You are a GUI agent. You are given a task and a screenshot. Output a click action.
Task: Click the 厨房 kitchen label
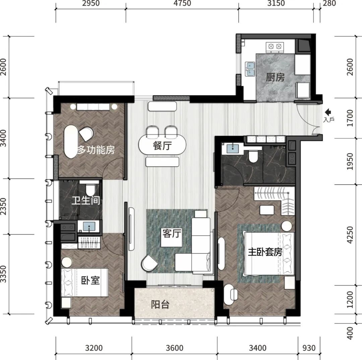275,77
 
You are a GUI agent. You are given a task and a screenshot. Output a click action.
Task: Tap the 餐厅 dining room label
162,146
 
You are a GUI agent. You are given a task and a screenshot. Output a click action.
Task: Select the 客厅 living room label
172,234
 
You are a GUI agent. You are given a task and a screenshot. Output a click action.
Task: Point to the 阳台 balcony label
160,305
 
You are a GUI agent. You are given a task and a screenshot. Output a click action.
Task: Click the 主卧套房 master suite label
265,252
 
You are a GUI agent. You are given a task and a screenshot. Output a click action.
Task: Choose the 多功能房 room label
96,150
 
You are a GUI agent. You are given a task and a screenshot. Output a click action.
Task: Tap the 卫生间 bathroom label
86,200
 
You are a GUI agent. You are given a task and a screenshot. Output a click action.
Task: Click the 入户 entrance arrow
328,112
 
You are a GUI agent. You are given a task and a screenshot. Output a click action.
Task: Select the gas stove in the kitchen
275,47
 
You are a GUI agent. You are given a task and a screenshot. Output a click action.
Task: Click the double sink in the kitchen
250,69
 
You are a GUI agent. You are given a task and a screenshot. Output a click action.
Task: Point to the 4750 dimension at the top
182,3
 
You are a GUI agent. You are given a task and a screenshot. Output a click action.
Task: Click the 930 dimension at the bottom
309,348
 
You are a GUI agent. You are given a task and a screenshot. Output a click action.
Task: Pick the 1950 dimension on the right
350,161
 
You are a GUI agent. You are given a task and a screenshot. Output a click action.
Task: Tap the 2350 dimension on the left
3,206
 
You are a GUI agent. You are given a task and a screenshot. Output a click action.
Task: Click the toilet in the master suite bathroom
253,156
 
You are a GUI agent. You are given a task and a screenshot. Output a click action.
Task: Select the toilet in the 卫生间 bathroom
90,189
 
